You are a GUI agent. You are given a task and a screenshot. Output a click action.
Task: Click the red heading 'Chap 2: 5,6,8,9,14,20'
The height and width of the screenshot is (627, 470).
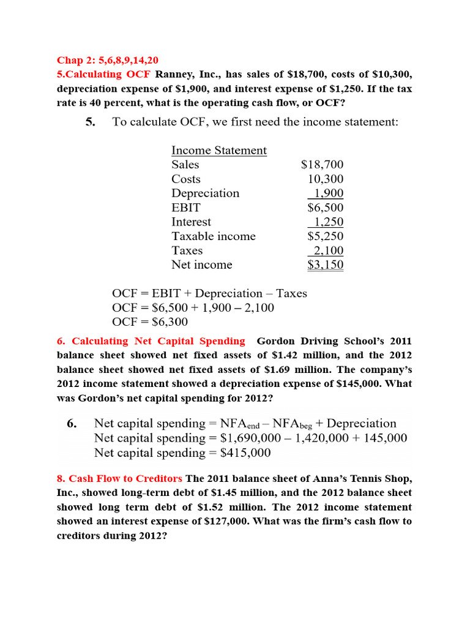tap(107, 60)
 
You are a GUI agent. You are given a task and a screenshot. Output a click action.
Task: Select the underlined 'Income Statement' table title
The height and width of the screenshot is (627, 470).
tap(218, 151)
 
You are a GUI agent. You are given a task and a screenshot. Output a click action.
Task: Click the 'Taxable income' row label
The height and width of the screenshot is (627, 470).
tap(213, 236)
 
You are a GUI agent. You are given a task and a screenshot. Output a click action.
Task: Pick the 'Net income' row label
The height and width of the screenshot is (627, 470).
tap(201, 265)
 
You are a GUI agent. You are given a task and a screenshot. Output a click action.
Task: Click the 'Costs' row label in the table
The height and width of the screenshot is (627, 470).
tap(185, 179)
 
